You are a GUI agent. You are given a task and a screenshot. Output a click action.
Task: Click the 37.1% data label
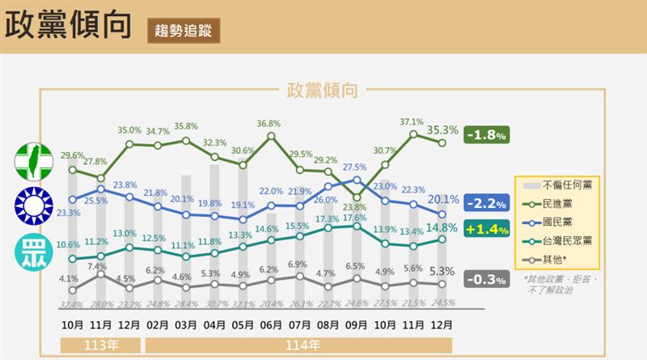(412, 122)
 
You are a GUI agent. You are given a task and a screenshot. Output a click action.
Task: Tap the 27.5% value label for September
(354, 167)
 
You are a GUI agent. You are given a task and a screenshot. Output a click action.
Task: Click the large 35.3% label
(442, 128)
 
